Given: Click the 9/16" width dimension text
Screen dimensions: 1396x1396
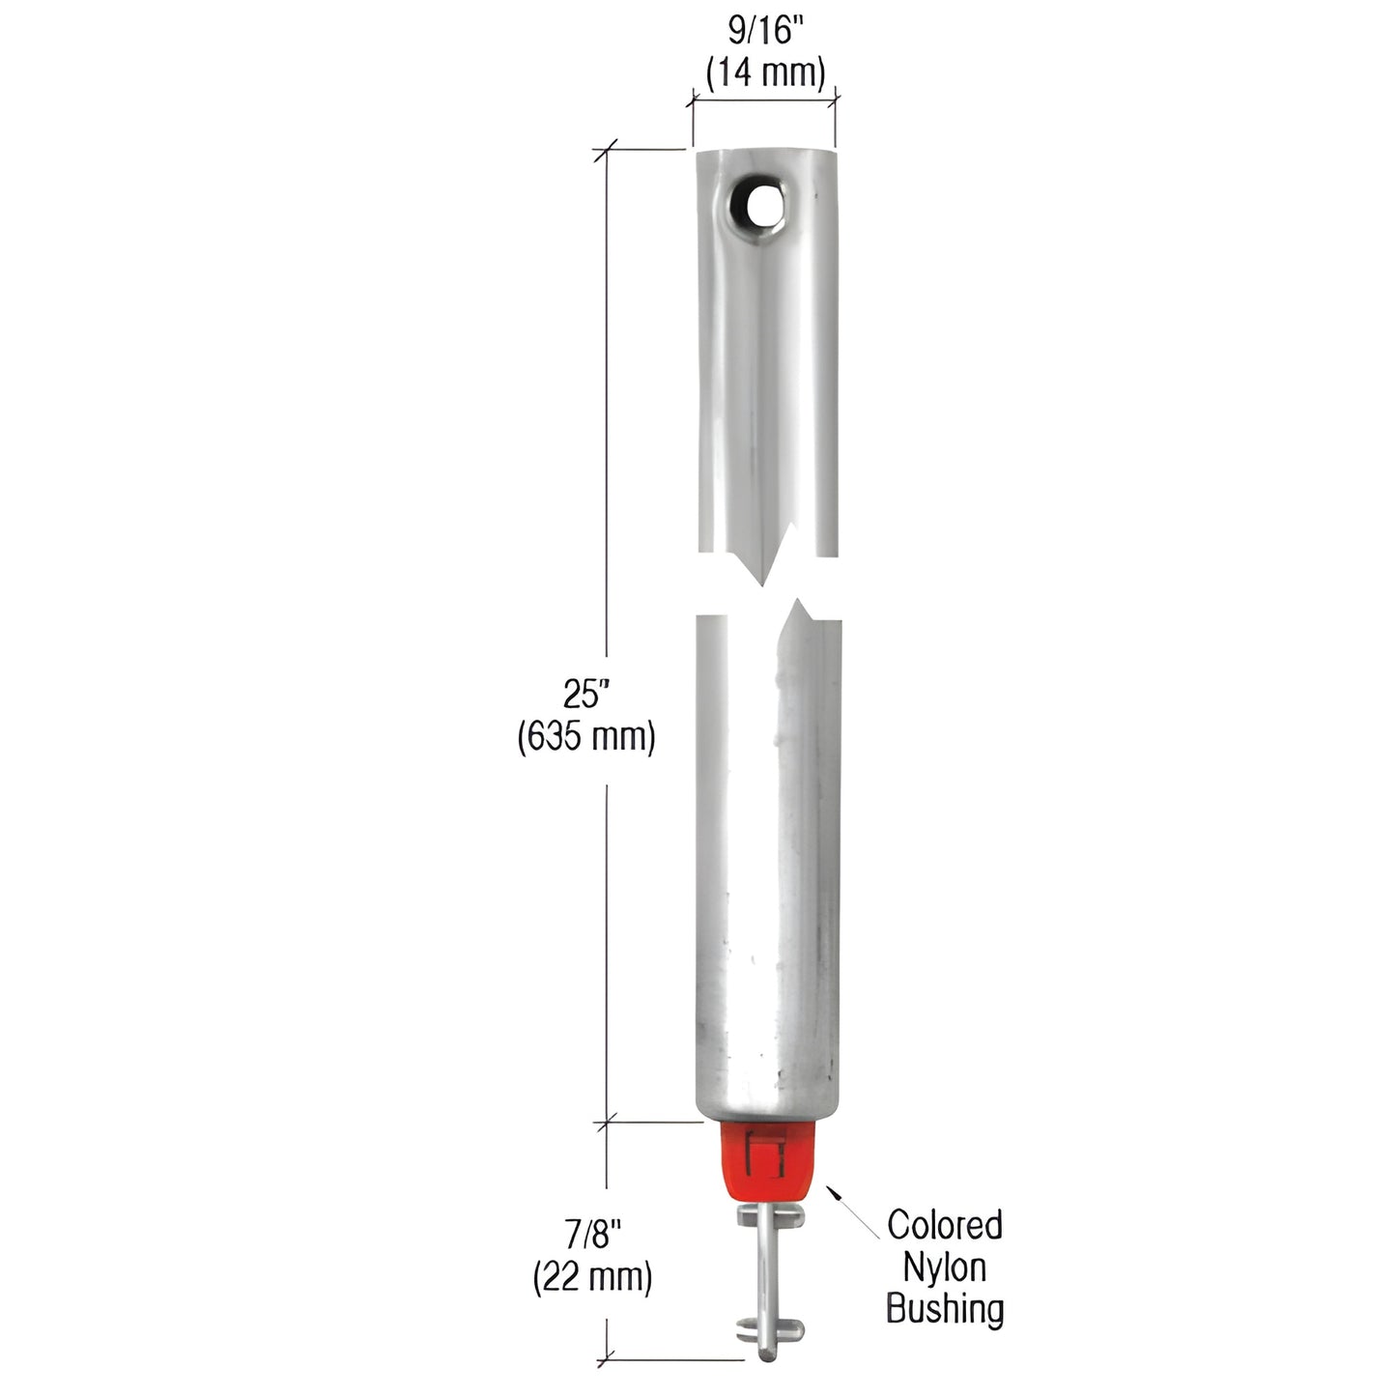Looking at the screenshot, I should pos(764,32).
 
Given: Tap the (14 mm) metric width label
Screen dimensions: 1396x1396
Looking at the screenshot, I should pos(765,72).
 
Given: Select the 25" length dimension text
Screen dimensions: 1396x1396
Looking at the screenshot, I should pos(586,694).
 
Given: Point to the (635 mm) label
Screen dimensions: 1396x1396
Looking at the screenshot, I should pos(586,737).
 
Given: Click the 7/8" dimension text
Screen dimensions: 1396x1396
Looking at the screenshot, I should pos(592,1234).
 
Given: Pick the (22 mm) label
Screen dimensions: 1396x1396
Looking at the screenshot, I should pos(592,1277).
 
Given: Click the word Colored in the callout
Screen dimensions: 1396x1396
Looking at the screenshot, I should pos(944,1225).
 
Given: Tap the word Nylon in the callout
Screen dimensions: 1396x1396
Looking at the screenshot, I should pos(944,1268).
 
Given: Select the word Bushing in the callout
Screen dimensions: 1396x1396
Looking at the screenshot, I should pos(944,1310).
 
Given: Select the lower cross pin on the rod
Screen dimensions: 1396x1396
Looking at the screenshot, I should pos(764,1328).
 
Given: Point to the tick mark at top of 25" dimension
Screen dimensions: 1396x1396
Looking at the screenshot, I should pos(606,149).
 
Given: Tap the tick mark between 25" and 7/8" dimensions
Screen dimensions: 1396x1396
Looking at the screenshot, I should pos(606,1123).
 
